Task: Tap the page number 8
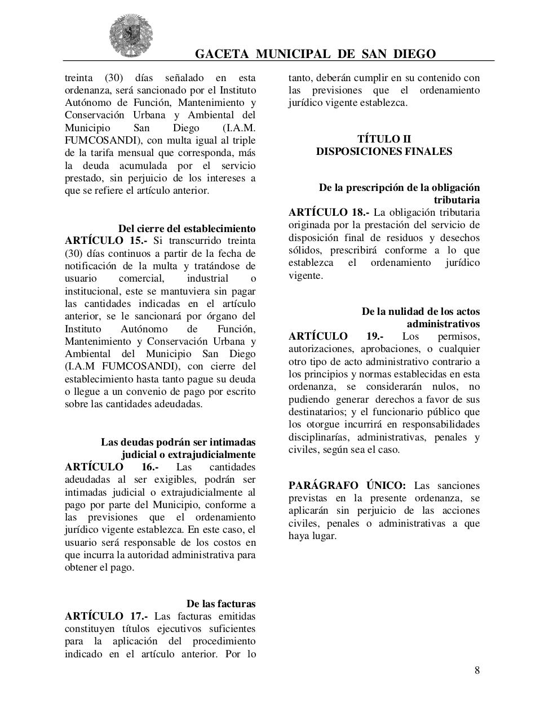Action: (477, 670)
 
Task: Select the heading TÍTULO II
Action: (384, 139)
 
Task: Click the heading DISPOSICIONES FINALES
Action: (384, 152)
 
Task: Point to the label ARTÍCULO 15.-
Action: (106, 241)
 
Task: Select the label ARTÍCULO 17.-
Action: (106, 616)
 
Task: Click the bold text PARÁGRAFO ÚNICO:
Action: (347, 486)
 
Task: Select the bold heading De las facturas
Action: (221, 604)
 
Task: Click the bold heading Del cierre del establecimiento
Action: (187, 229)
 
